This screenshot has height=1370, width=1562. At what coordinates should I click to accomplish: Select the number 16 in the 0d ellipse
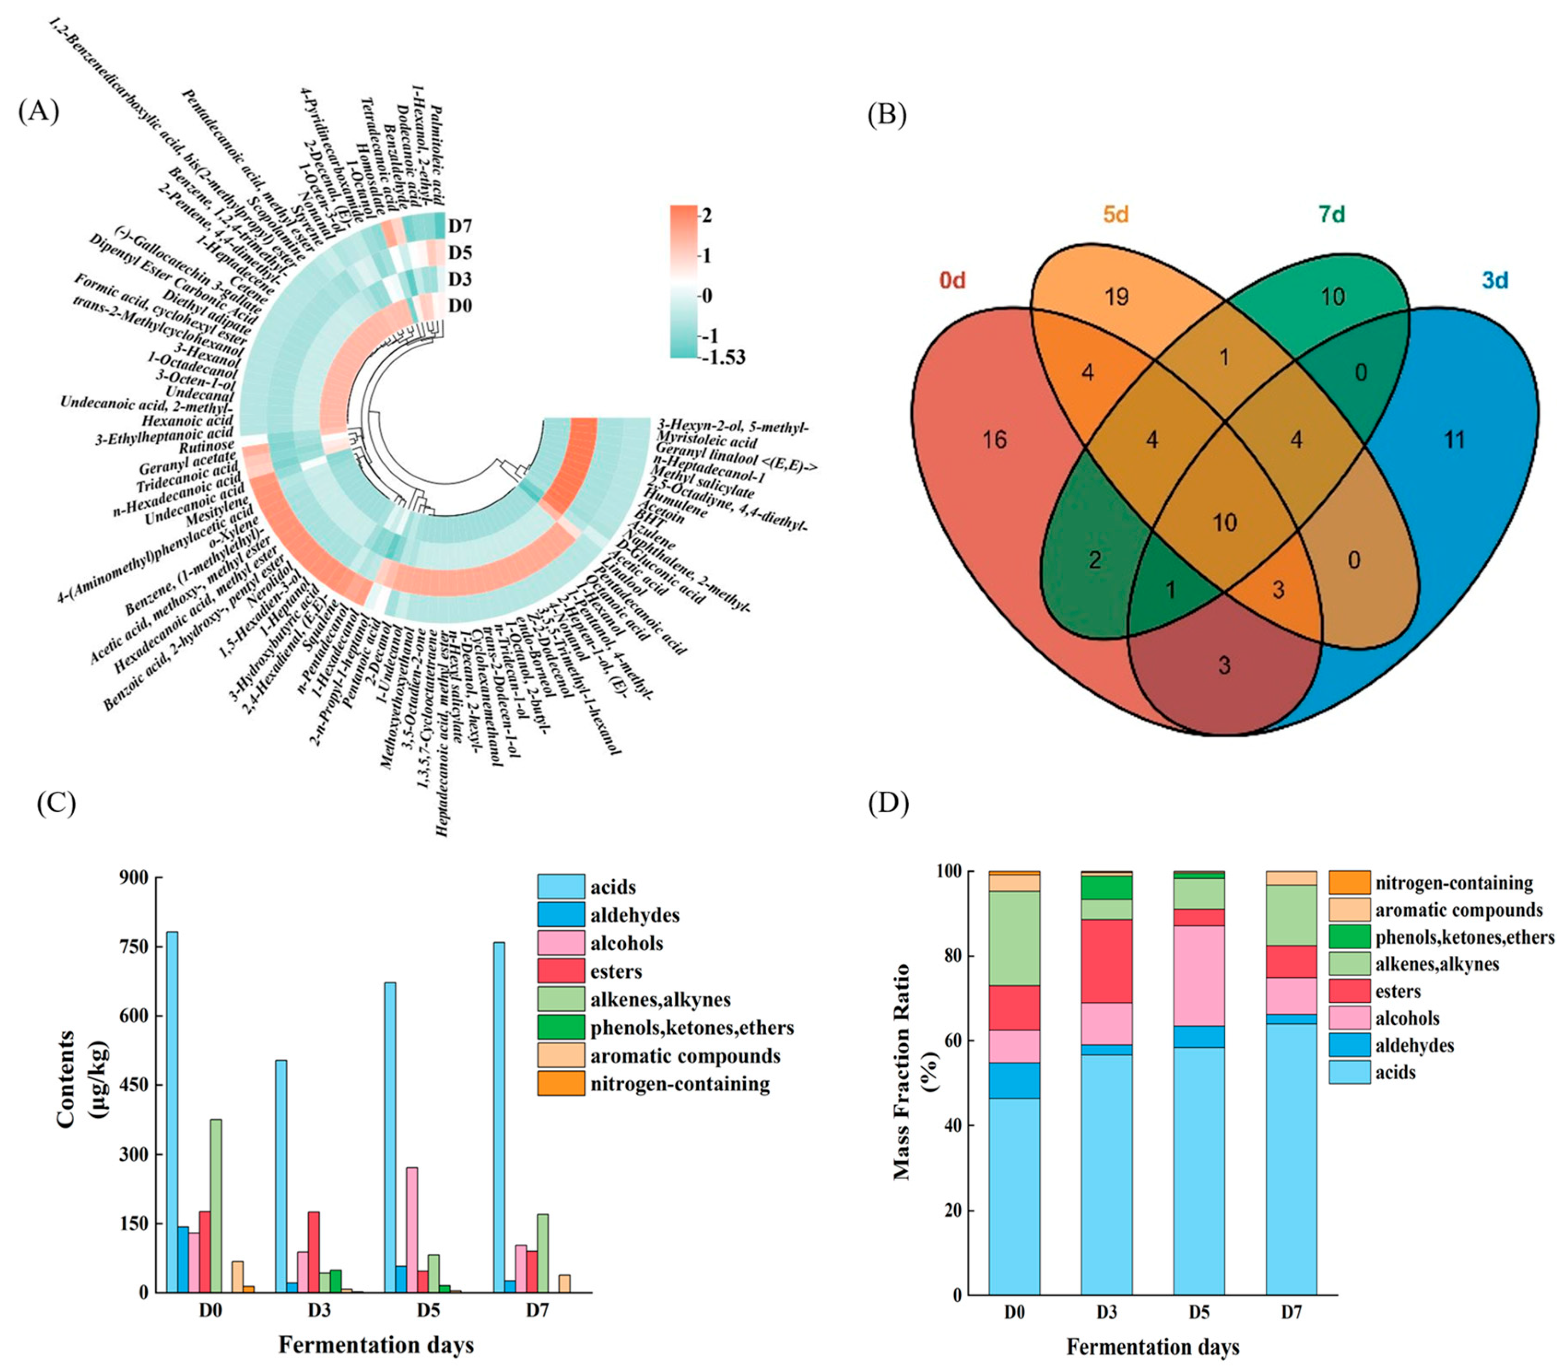click(994, 439)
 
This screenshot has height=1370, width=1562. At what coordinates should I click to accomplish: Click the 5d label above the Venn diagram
click(1116, 215)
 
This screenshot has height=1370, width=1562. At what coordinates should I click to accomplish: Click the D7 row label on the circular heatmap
click(460, 226)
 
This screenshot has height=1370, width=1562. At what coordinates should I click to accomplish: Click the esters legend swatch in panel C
click(561, 971)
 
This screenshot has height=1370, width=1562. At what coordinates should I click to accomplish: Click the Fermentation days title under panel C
click(376, 1344)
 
